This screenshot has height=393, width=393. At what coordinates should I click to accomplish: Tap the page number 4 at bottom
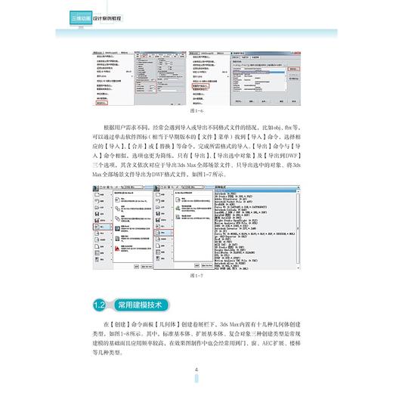click(x=196, y=370)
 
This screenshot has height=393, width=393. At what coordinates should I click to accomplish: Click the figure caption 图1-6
click(x=196, y=110)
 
